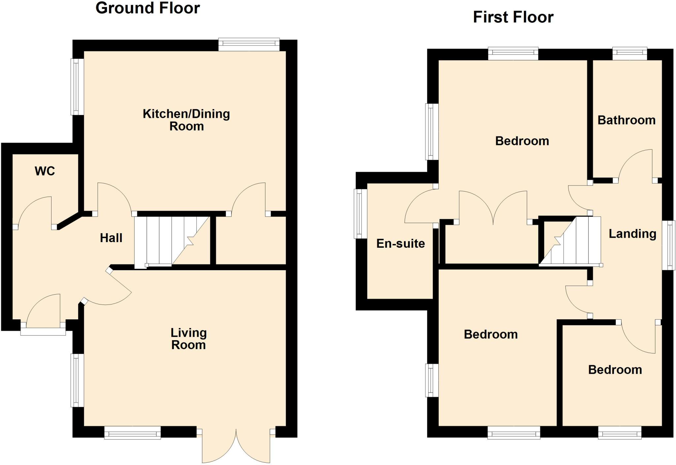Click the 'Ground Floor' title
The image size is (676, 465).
[x=148, y=8]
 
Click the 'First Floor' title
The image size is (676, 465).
[x=513, y=17]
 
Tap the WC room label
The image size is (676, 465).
[x=45, y=171]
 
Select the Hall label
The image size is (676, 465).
[x=111, y=238]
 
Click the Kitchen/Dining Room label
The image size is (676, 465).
[x=186, y=120]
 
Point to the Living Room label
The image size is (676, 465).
[x=188, y=339]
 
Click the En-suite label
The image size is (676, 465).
[x=400, y=244]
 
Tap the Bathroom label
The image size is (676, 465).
[x=626, y=120]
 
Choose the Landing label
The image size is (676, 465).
[x=632, y=234]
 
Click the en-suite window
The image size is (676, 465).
[x=360, y=214]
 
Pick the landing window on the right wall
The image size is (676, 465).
[x=669, y=245]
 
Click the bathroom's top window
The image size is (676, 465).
[x=630, y=54]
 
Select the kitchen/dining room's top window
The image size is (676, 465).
[x=249, y=45]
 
